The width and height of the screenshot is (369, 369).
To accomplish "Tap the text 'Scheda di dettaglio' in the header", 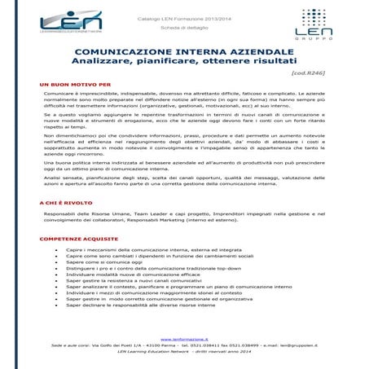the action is [x=184, y=29].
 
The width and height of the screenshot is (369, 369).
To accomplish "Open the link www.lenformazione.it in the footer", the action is [x=184, y=338].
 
